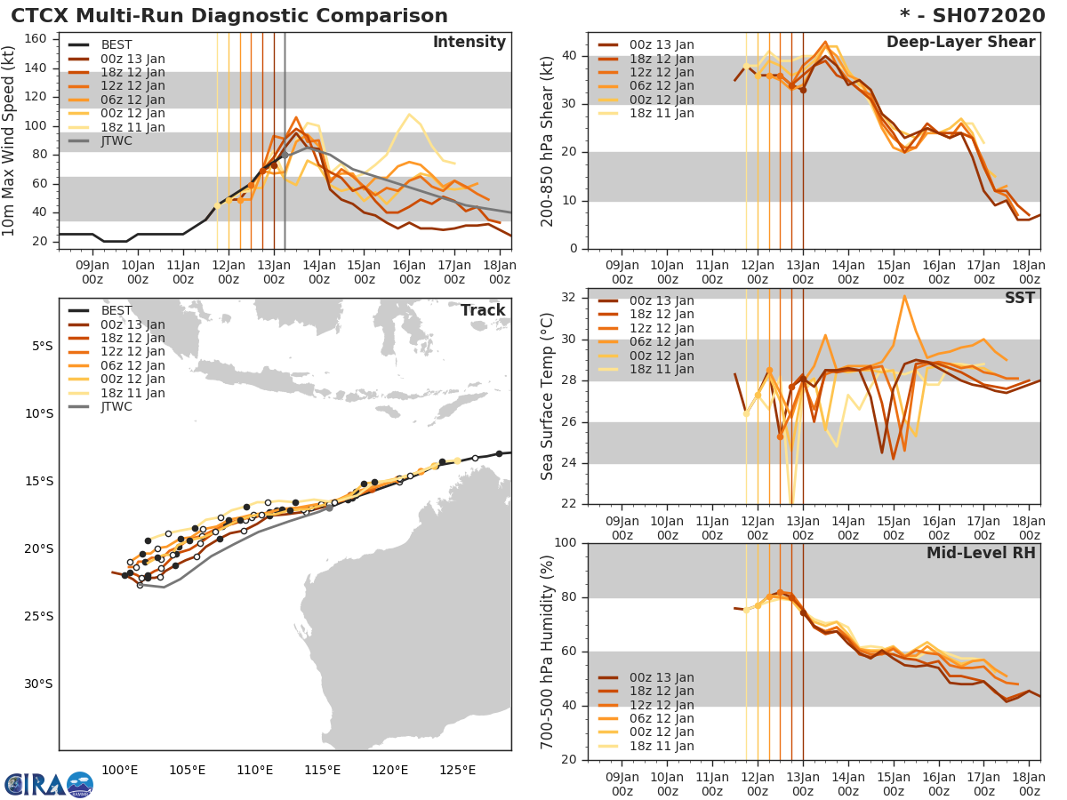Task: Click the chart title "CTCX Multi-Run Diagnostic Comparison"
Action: [x=229, y=16]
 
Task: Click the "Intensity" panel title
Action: [x=469, y=43]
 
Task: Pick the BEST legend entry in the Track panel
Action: [x=116, y=311]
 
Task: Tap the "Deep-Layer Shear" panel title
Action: [x=960, y=43]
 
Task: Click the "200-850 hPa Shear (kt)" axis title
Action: [x=548, y=140]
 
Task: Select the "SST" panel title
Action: [x=1020, y=298]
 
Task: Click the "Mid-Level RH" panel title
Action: [x=981, y=553]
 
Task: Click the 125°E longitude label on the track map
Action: [x=457, y=770]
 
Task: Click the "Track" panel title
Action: [x=483, y=310]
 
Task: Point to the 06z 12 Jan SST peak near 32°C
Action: [x=904, y=296]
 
